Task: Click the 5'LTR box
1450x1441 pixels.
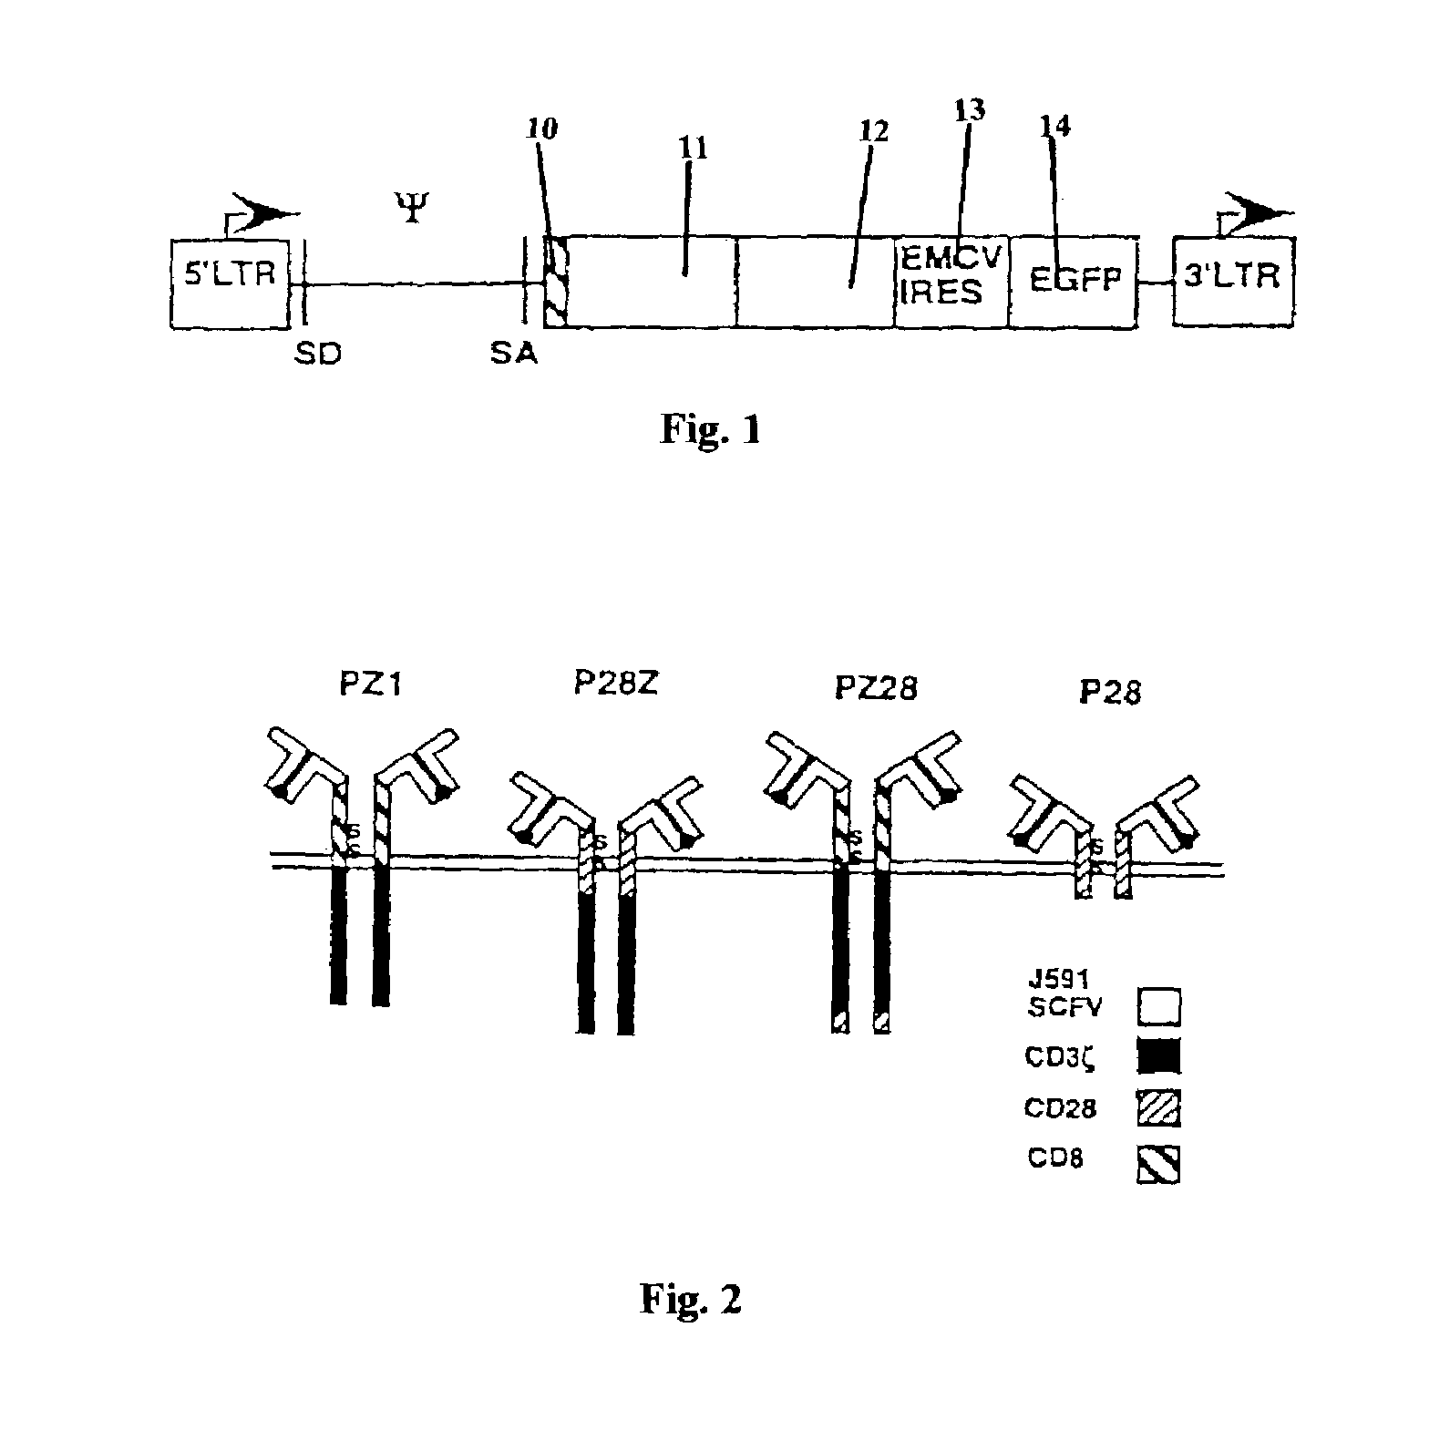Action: (231, 282)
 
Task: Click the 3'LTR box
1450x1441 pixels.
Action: (1233, 282)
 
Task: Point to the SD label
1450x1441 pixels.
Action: (318, 354)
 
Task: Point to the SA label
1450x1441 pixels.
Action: (514, 354)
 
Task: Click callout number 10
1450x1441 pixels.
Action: (541, 129)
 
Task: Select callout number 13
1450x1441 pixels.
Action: (970, 110)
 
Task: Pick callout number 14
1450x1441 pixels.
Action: (1055, 126)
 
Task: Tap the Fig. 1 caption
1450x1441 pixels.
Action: (710, 429)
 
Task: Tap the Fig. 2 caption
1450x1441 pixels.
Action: (691, 1299)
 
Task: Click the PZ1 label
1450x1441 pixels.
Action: (371, 684)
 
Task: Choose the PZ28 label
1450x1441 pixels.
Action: (875, 688)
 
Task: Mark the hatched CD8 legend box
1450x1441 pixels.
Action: (1158, 1164)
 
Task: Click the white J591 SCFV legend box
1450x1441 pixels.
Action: (1158, 1007)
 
